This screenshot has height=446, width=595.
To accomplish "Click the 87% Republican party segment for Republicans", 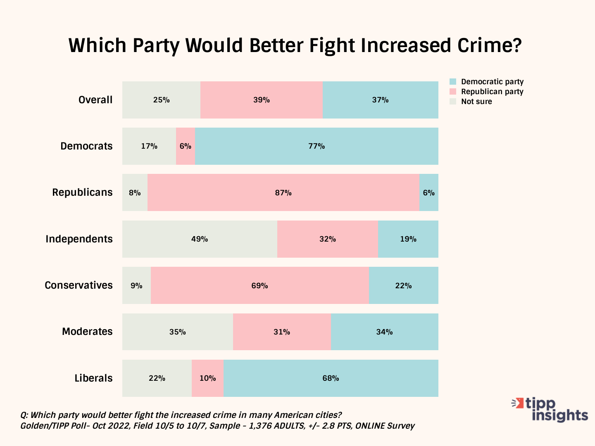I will (x=283, y=192).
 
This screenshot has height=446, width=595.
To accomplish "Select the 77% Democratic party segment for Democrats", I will (x=317, y=146).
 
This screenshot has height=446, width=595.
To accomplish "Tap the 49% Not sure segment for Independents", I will (x=200, y=239).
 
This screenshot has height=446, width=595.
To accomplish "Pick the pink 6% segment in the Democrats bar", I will (x=186, y=146).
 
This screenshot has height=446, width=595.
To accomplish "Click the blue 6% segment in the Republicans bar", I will (x=429, y=192).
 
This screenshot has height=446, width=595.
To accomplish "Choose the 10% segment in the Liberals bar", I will (x=207, y=378).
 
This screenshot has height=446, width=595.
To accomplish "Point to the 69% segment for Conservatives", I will (x=260, y=285).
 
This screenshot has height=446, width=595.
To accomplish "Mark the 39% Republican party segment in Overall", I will (x=262, y=100).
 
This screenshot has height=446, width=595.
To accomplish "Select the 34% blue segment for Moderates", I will (x=384, y=332).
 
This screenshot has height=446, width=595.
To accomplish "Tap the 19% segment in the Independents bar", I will (x=408, y=239).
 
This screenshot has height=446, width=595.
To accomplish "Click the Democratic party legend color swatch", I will (x=453, y=82).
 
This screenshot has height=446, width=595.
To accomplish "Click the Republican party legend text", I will (x=492, y=92).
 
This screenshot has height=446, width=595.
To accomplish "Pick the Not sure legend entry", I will (x=476, y=102).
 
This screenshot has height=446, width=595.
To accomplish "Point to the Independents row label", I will (x=79, y=239).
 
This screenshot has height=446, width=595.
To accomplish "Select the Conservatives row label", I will (x=79, y=285).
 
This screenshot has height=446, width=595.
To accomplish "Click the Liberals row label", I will (x=93, y=378).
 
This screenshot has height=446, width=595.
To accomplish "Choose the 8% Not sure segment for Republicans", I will (x=135, y=192).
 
